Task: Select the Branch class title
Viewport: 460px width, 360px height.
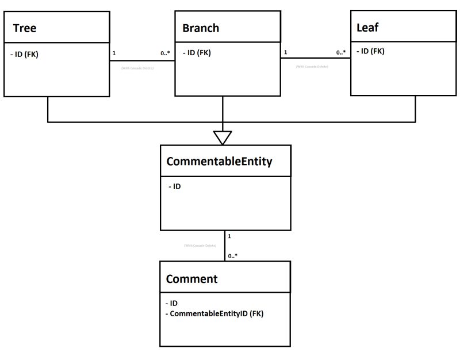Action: (201, 28)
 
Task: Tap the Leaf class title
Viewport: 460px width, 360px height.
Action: (368, 26)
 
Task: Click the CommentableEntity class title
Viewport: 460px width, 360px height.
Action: (219, 162)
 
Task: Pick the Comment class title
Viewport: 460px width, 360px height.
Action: (192, 279)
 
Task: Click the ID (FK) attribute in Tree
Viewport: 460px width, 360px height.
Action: (24, 55)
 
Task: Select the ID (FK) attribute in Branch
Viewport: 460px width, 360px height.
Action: (197, 53)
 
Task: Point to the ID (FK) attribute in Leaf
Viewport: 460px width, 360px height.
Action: (370, 51)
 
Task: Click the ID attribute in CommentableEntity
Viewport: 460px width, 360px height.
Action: (175, 187)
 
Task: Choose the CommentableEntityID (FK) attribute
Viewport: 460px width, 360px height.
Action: (214, 314)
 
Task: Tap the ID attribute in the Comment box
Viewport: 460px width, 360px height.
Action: (172, 303)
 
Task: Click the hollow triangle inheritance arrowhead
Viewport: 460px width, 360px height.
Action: (223, 137)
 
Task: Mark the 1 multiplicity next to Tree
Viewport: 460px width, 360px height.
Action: (114, 53)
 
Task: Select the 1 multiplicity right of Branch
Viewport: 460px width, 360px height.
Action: (286, 53)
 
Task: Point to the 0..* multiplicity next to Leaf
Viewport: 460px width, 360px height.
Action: (341, 53)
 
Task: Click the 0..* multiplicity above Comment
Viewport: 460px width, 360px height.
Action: (233, 255)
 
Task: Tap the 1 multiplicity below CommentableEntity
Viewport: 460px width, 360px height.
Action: (229, 236)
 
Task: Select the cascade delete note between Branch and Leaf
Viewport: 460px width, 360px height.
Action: (312, 67)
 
